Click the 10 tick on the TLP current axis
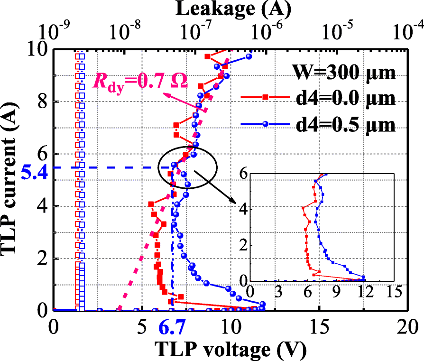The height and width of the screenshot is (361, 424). coord(38,49)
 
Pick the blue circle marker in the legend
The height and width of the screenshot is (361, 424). coord(266,124)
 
